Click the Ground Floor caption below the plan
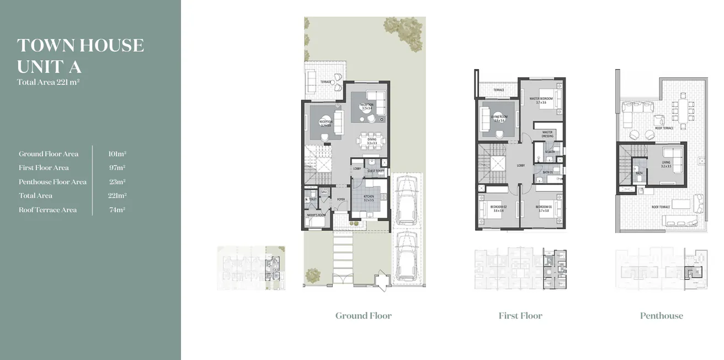coord(363,316)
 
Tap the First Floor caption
coord(520,316)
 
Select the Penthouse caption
coord(661,316)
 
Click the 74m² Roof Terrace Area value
coord(117,210)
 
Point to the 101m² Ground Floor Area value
coord(117,154)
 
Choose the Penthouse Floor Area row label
coord(52,182)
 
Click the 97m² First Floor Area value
coord(117,168)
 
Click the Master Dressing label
coord(547,134)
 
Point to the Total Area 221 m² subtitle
coord(49,82)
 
